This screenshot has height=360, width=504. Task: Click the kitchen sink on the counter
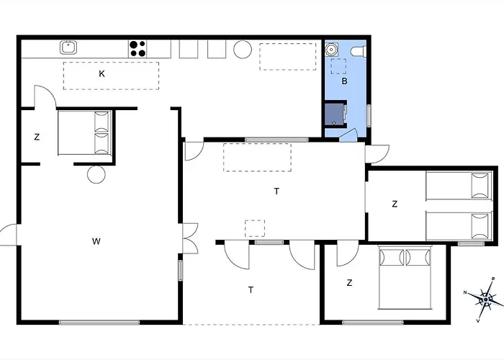pos(68,48)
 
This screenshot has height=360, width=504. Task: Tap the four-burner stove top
pos(138,49)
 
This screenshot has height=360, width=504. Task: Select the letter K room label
pos(102,74)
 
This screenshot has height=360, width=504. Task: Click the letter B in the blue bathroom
pos(344,81)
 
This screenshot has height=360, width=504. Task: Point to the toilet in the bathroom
pos(359,51)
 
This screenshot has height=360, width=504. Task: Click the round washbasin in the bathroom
pos(330,50)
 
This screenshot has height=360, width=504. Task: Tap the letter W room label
pos(96,241)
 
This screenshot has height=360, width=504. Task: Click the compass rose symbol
pos(485,299)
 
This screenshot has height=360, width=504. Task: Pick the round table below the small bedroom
pos(96,174)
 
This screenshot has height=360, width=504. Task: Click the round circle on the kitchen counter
pos(243,49)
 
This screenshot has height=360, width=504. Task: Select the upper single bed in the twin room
pos(459,186)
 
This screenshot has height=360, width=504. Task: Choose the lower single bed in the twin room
pos(459,225)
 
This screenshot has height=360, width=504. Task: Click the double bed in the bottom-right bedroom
pos(405,278)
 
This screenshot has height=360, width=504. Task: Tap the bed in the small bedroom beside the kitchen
pos(85,132)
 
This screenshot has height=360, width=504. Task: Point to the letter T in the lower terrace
pos(251,290)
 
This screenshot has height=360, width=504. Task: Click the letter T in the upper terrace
pos(276,192)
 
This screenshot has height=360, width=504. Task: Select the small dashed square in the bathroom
pos(338,66)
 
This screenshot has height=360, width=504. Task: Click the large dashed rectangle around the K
pos(111,76)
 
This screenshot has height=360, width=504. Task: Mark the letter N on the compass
pos(465,292)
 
